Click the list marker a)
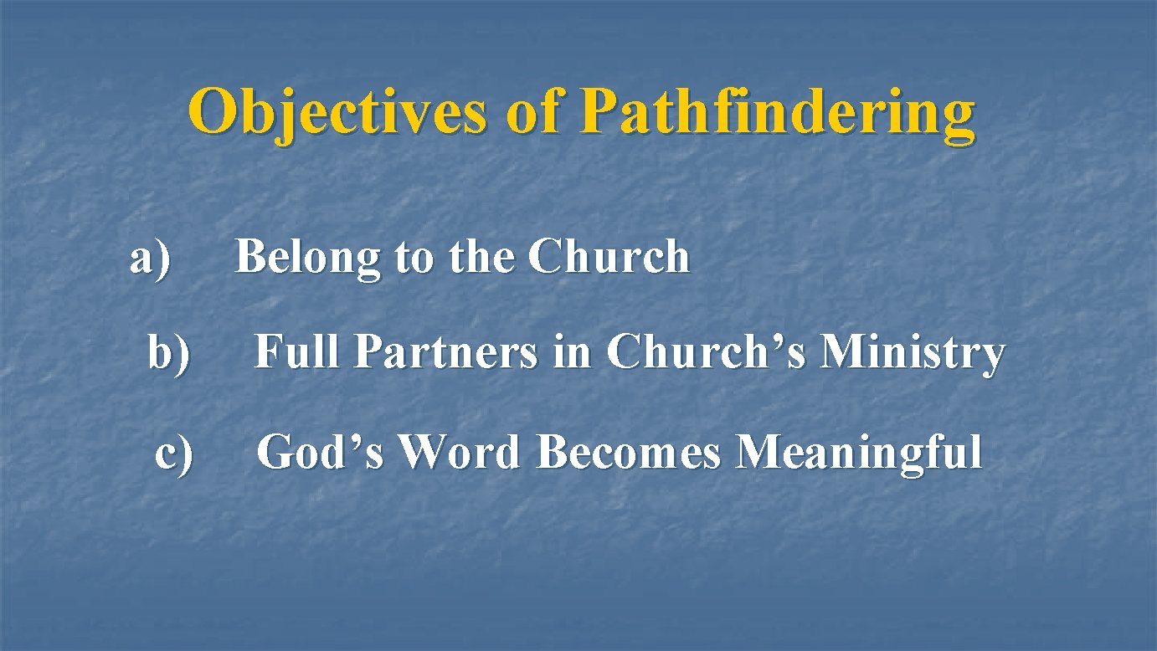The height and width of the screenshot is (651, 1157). point(151,257)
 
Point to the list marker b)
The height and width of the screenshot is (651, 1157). point(169,352)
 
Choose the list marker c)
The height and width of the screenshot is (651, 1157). point(174,453)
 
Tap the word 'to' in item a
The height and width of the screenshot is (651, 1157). point(413,258)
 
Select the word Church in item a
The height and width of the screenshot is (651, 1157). point(609,256)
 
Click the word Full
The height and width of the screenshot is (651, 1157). point(297,351)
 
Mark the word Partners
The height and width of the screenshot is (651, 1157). point(445,351)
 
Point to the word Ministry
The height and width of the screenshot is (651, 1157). point(913,351)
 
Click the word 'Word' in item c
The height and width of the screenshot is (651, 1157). point(460,453)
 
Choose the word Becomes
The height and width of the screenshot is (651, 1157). point(629,453)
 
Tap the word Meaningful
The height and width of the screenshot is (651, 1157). point(858,453)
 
